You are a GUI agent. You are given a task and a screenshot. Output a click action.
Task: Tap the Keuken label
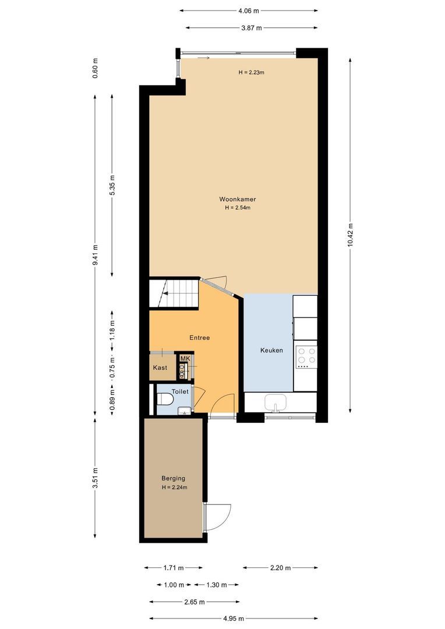271,350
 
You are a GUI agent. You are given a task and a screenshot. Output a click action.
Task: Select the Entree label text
199,337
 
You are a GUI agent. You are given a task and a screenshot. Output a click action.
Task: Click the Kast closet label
160,367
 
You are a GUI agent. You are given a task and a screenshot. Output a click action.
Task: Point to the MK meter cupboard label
185,359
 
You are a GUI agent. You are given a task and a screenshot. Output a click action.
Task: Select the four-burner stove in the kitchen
306,356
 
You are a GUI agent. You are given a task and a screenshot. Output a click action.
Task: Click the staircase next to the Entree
173,292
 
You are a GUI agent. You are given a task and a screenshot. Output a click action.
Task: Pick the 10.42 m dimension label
350,235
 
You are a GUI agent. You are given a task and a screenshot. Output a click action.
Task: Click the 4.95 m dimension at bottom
234,619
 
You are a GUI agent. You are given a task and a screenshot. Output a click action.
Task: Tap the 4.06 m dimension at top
248,10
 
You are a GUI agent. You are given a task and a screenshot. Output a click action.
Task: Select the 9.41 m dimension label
96,255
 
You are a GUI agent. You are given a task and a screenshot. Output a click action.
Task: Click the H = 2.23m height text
252,72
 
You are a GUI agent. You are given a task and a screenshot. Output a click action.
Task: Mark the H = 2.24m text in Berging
174,487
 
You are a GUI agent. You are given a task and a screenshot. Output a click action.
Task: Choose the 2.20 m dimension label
280,567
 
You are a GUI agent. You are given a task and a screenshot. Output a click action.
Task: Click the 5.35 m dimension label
112,185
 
